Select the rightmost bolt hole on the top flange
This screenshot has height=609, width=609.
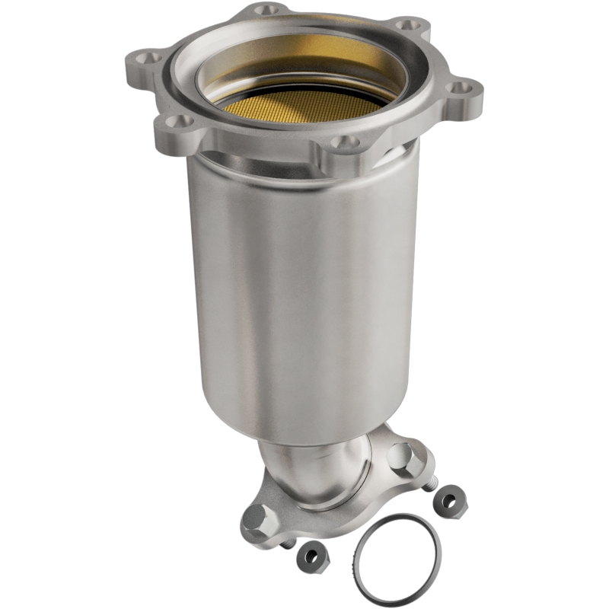(458, 88)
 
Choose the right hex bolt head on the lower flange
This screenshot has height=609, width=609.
(401, 457)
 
